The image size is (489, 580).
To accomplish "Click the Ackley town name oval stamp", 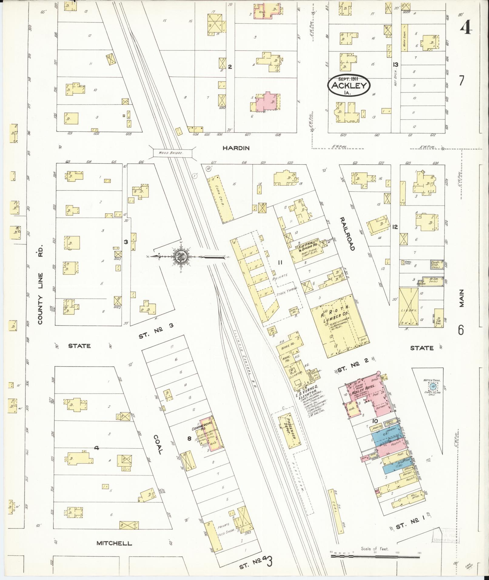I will [349, 85].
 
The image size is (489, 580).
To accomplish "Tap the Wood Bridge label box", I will [172, 153].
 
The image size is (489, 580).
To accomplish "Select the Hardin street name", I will [236, 148].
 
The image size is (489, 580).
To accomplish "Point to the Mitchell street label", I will [114, 543].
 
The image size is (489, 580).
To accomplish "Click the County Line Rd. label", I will [40, 284].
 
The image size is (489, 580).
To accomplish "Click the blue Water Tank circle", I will [434, 386].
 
